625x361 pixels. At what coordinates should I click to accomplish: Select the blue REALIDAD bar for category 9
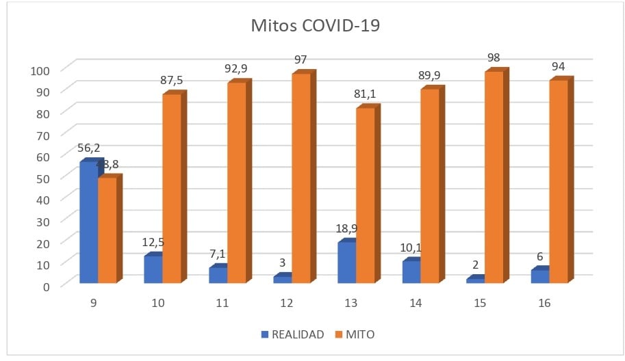(x=88, y=222)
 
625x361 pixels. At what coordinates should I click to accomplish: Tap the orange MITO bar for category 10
(x=172, y=189)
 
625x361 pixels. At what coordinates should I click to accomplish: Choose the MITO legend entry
(x=355, y=334)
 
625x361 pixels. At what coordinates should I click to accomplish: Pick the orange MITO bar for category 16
(x=559, y=181)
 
